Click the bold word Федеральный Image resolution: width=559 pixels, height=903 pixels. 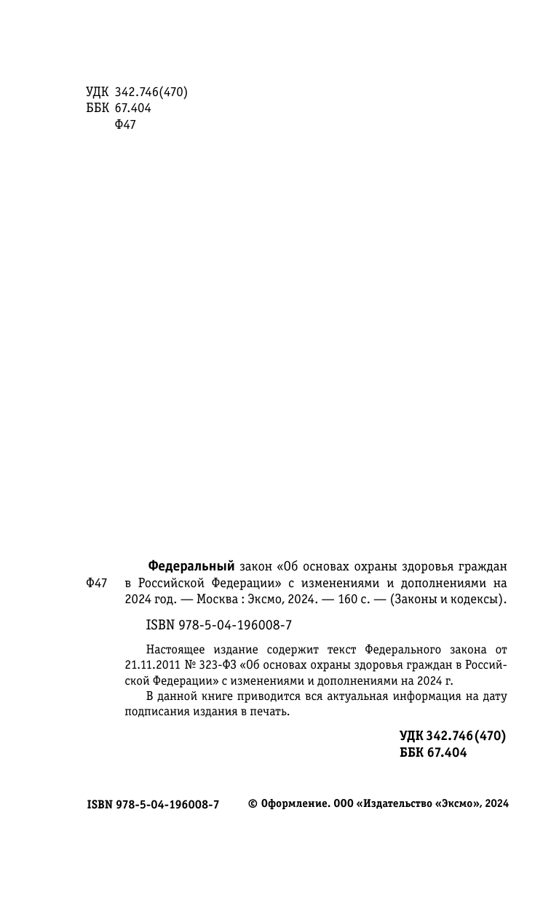coord(191,566)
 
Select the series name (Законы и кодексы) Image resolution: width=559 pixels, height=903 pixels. coord(448,600)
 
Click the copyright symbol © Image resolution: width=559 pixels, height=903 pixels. coord(253,804)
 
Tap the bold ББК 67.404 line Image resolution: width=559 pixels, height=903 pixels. coord(433,753)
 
